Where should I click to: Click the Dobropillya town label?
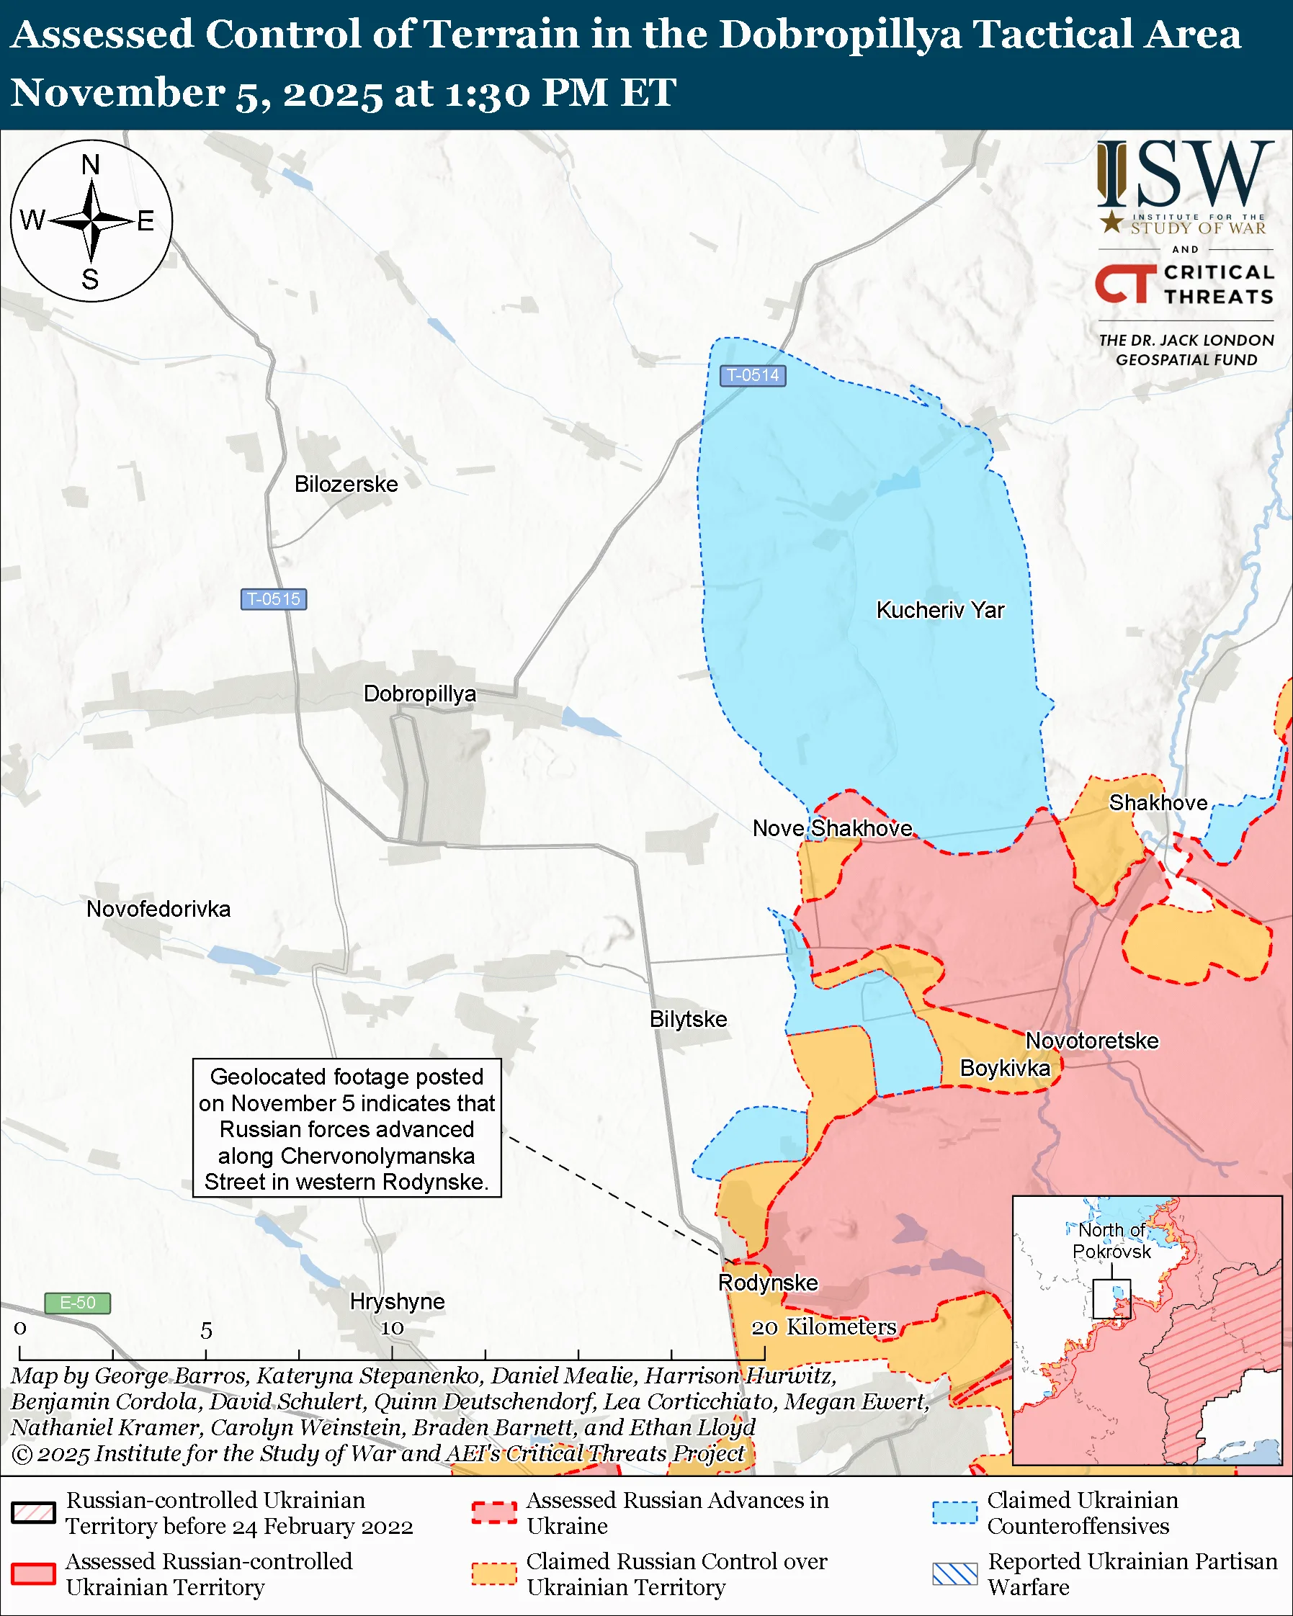pos(420,693)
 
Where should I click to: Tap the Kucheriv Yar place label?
pos(940,610)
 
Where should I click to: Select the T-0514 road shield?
pos(753,374)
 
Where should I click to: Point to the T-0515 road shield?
pos(274,599)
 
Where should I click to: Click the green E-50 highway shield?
pos(77,1303)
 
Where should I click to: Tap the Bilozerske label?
pos(346,484)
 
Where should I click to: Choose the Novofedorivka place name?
pos(158,910)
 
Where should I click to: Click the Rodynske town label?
pos(768,1283)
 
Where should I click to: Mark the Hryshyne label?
pos(398,1301)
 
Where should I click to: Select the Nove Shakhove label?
pos(832,828)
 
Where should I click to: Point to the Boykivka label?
pos(1004,1068)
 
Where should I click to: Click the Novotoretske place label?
pos(1091,1041)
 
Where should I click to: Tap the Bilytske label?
pos(688,1020)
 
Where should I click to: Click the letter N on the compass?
pos(91,165)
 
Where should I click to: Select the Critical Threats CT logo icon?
pos(1125,284)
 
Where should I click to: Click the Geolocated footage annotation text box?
pos(346,1128)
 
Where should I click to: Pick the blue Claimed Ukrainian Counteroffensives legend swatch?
pos(954,1512)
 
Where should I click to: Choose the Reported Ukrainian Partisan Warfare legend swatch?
pos(954,1574)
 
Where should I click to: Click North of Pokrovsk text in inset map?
pos(1111,1241)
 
